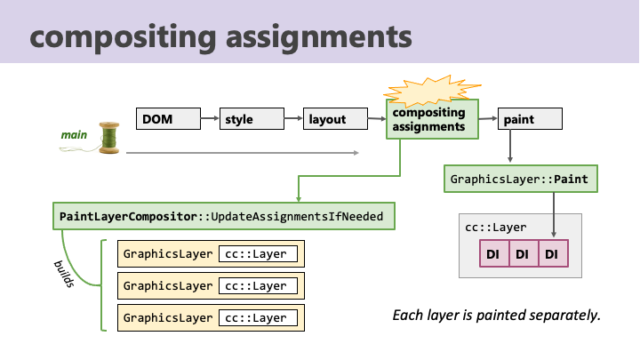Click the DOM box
coord(168,119)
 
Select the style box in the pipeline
coord(252,119)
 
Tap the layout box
coord(335,119)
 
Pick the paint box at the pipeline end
coord(530,119)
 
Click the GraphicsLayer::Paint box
coord(521,179)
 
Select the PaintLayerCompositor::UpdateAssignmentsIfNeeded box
coord(224,216)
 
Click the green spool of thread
coord(109,138)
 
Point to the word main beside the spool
coord(74,135)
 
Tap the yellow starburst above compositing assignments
coord(433,90)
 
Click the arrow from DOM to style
coord(210,118)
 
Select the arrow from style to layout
coord(294,118)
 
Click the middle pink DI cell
coord(524,254)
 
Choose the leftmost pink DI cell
coord(494,254)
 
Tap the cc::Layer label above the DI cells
coord(495,228)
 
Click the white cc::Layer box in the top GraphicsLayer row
coord(258,254)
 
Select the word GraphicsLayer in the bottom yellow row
coord(168,318)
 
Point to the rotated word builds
coord(64,274)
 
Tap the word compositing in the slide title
coord(123,36)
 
